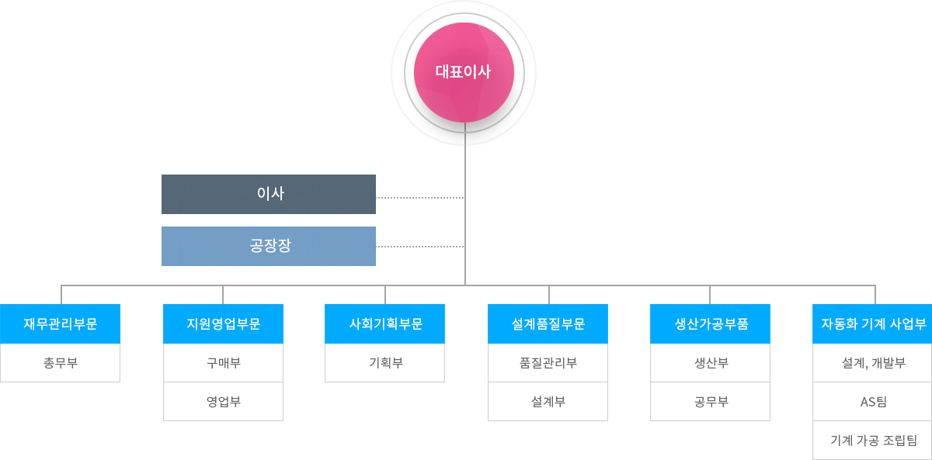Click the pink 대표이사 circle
(x=464, y=72)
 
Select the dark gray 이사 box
(x=269, y=194)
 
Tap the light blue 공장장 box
(x=269, y=246)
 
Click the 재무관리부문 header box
(x=60, y=323)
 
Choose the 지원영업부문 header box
(x=223, y=323)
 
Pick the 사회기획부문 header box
(x=385, y=323)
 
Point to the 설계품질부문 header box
(x=548, y=323)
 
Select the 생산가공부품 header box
(x=710, y=323)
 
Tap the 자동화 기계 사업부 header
(x=872, y=323)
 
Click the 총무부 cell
(x=60, y=363)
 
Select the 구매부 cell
(x=223, y=363)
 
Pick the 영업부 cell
(x=223, y=401)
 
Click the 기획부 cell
(x=385, y=363)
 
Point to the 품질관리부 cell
(x=548, y=363)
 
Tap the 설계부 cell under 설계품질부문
(x=548, y=401)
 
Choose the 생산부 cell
(x=710, y=363)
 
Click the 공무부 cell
(x=710, y=401)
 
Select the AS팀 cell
(x=872, y=401)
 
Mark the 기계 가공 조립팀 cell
(x=872, y=440)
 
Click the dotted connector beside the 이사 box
(x=420, y=198)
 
